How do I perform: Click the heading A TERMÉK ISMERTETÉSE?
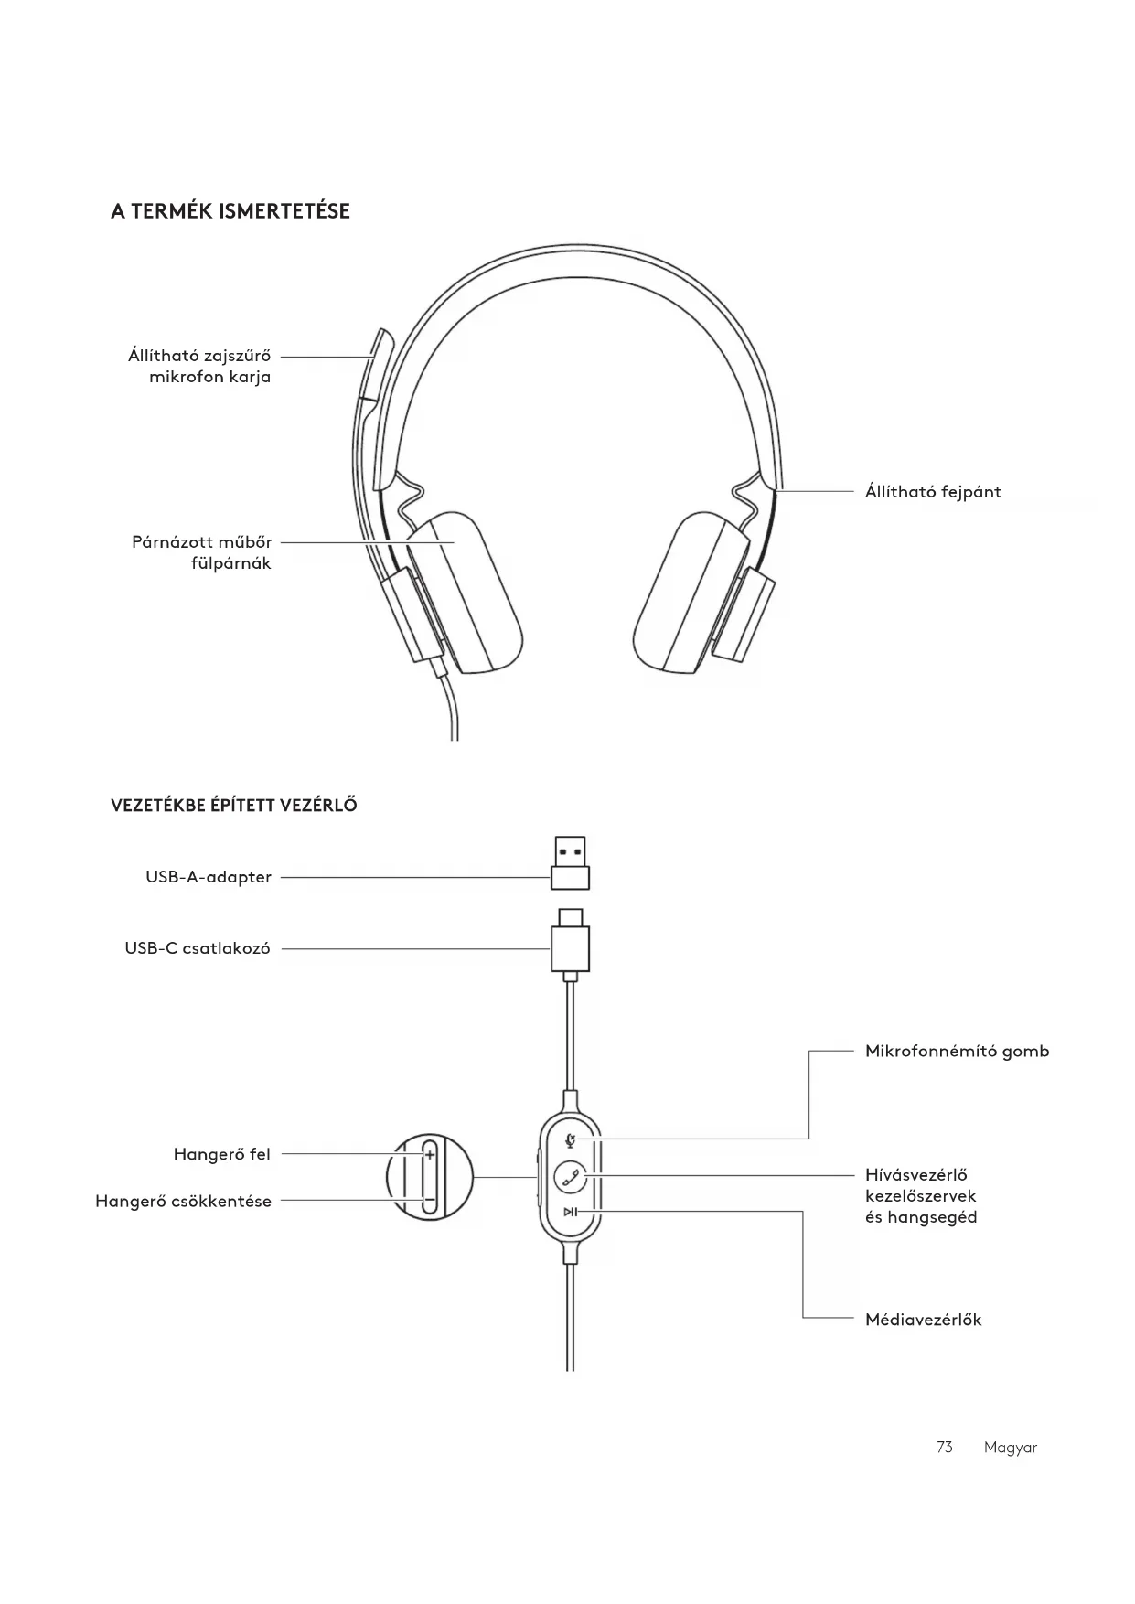pyautogui.click(x=230, y=211)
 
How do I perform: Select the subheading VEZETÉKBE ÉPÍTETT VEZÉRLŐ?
pyautogui.click(x=234, y=806)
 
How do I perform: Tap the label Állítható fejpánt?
pyautogui.click(x=933, y=492)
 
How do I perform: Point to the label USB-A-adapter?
pyautogui.click(x=209, y=877)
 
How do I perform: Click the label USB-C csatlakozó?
pyautogui.click(x=198, y=948)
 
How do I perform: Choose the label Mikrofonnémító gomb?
pyautogui.click(x=957, y=1051)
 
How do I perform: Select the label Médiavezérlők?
pyautogui.click(x=923, y=1320)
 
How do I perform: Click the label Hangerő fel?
pyautogui.click(x=222, y=1154)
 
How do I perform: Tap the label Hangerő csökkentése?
pyautogui.click(x=184, y=1202)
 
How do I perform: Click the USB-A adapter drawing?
pyautogui.click(x=570, y=862)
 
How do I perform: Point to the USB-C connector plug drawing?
pyautogui.click(x=570, y=942)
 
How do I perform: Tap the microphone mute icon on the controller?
pyautogui.click(x=571, y=1139)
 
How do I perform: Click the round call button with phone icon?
pyautogui.click(x=571, y=1176)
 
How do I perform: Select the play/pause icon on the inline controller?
pyautogui.click(x=570, y=1213)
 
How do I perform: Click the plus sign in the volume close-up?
pyautogui.click(x=430, y=1155)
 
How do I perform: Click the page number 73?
pyautogui.click(x=945, y=1447)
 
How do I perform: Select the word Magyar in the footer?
pyautogui.click(x=1011, y=1448)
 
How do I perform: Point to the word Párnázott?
pyautogui.click(x=171, y=542)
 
